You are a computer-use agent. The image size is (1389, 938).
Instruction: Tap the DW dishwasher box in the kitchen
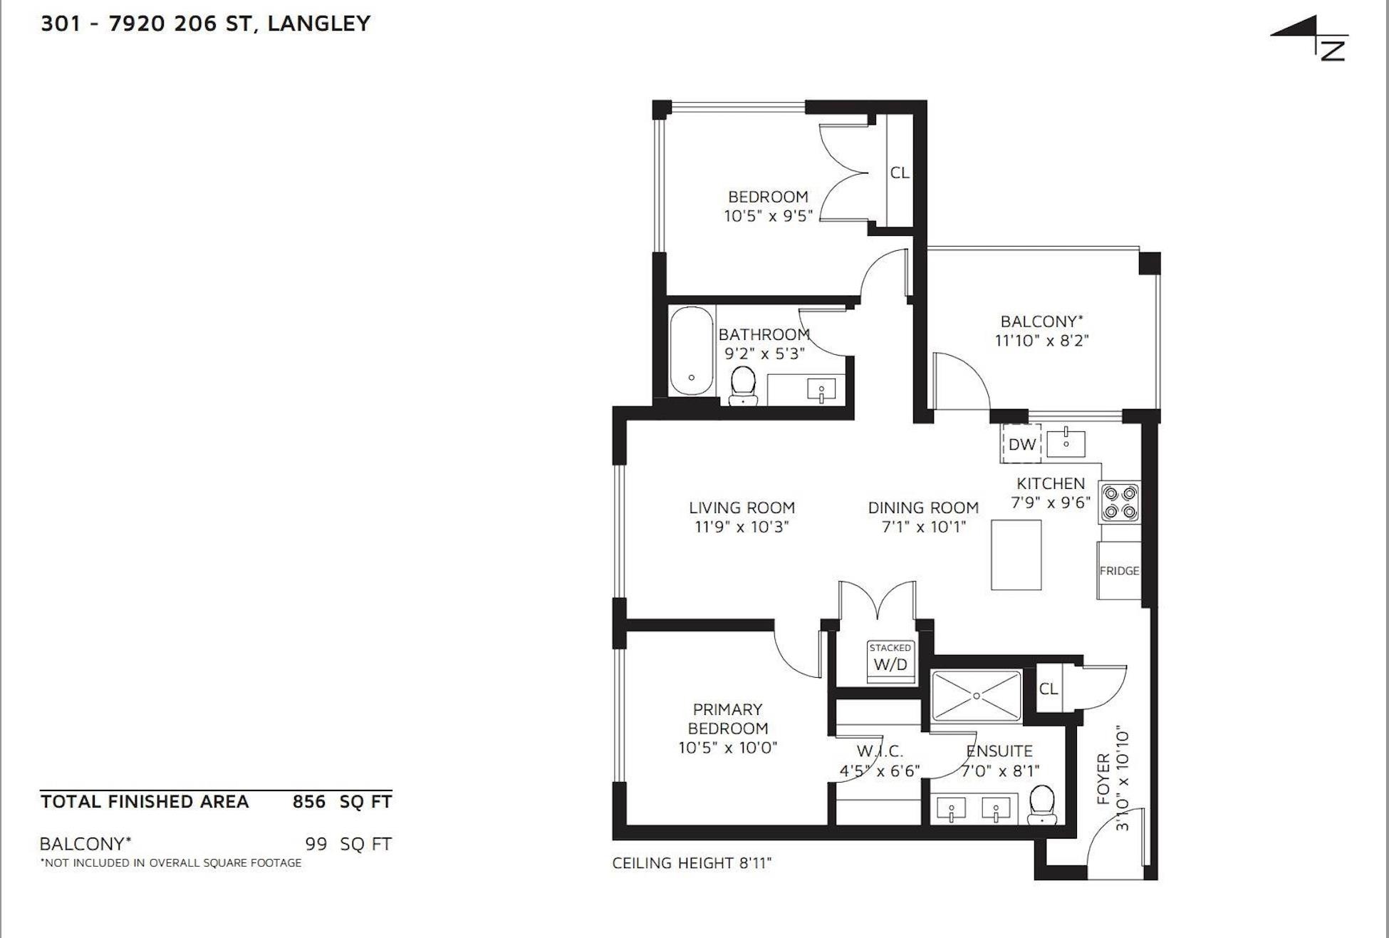1021,445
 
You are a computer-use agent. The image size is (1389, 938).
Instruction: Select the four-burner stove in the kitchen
1120,502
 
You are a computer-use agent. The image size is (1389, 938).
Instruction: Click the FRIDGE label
1119,571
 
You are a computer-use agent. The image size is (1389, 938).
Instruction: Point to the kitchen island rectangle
1016,555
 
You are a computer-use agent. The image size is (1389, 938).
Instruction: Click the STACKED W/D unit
890,660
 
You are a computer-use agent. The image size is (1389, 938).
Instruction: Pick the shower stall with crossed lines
977,696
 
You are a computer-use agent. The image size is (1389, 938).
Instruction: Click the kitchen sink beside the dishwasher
1066,442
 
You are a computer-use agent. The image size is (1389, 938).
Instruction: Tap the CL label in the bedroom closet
900,172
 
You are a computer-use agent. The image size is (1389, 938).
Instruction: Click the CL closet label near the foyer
1049,689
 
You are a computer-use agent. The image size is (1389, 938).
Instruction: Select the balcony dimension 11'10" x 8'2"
1041,341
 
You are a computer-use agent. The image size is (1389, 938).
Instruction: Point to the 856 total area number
308,802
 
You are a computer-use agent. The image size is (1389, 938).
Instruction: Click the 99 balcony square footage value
316,844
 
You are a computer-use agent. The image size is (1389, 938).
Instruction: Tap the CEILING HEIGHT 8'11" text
692,863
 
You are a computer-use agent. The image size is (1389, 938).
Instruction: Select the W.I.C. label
880,751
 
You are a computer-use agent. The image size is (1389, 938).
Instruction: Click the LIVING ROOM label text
742,508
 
